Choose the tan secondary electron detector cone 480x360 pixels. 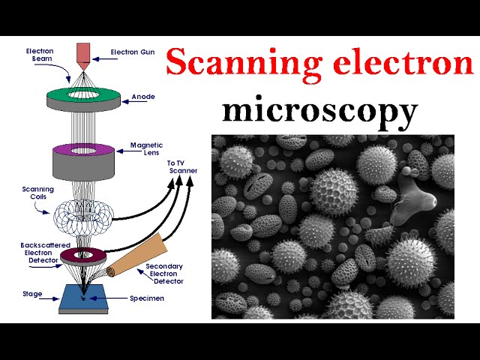tap(139, 255)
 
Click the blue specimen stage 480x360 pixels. tap(82, 299)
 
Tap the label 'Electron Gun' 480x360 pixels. tap(131, 52)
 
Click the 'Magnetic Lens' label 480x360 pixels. tap(145, 149)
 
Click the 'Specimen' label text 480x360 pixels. tap(146, 298)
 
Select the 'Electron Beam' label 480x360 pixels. tap(39, 54)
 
